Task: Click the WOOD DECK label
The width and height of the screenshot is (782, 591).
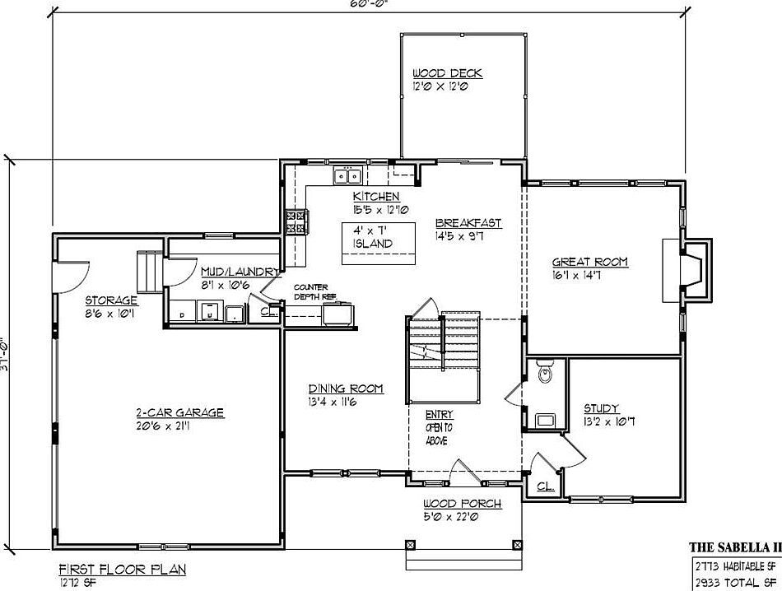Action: pyautogui.click(x=447, y=73)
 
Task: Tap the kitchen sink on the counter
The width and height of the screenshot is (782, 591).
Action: pyautogui.click(x=347, y=175)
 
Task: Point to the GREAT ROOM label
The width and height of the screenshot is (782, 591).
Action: pyautogui.click(x=589, y=263)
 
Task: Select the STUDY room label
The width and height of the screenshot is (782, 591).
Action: pyautogui.click(x=601, y=408)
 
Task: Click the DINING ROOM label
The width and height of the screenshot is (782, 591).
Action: pyautogui.click(x=346, y=389)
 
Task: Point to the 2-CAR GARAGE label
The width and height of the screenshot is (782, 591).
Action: pyautogui.click(x=179, y=413)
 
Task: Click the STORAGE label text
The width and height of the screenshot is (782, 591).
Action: pyautogui.click(x=111, y=300)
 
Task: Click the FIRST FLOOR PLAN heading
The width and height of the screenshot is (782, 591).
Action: pyautogui.click(x=122, y=569)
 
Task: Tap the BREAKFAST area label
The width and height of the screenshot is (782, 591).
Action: pyautogui.click(x=468, y=223)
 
